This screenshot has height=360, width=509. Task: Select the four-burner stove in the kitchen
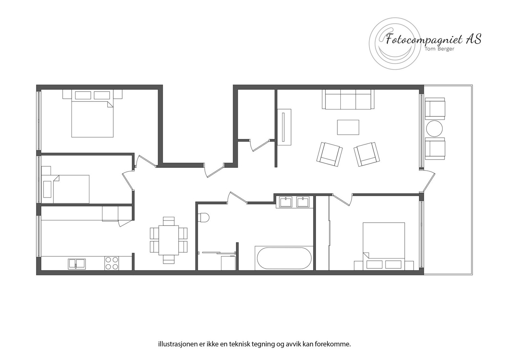[x=112, y=263]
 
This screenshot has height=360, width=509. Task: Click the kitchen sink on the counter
[x=77, y=264]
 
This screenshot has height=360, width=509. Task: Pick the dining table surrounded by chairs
[x=169, y=239]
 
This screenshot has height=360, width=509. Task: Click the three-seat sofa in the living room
[x=348, y=99]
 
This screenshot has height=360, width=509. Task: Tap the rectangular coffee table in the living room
[x=348, y=127]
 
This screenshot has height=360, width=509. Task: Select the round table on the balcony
[x=434, y=129]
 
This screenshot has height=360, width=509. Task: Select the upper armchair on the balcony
[x=435, y=108]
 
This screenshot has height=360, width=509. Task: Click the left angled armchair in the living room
[x=330, y=154]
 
